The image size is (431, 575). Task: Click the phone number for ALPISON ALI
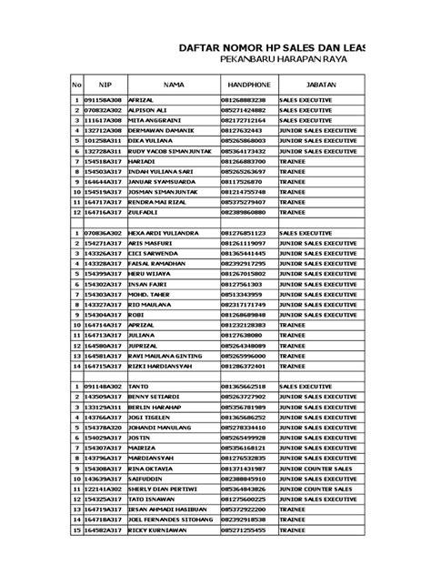243,109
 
